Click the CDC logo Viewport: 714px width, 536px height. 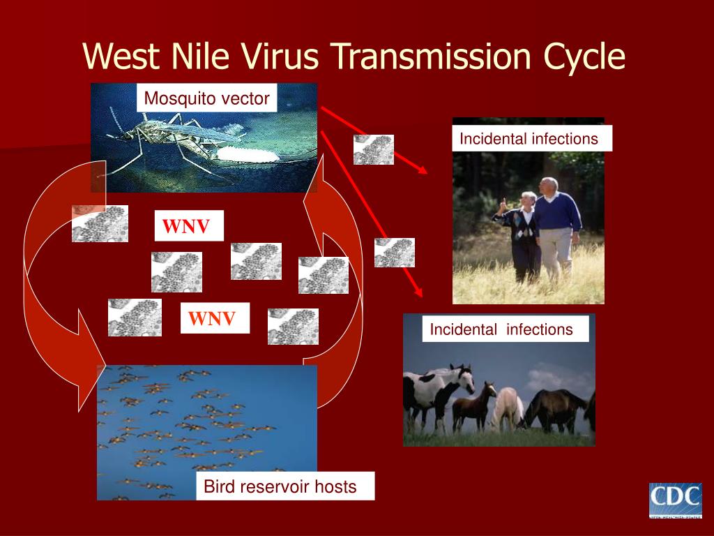[675, 500]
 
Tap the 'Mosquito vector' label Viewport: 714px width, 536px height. [206, 98]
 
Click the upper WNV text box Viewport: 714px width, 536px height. [189, 225]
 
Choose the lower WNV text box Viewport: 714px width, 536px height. [215, 318]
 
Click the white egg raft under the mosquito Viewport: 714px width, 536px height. [248, 154]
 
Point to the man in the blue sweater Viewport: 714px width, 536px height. [556, 228]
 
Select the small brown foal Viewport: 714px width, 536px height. [473, 405]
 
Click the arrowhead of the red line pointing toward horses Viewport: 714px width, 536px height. [418, 292]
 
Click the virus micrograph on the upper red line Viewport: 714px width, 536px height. [374, 149]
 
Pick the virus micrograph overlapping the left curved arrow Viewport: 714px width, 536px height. [100, 223]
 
